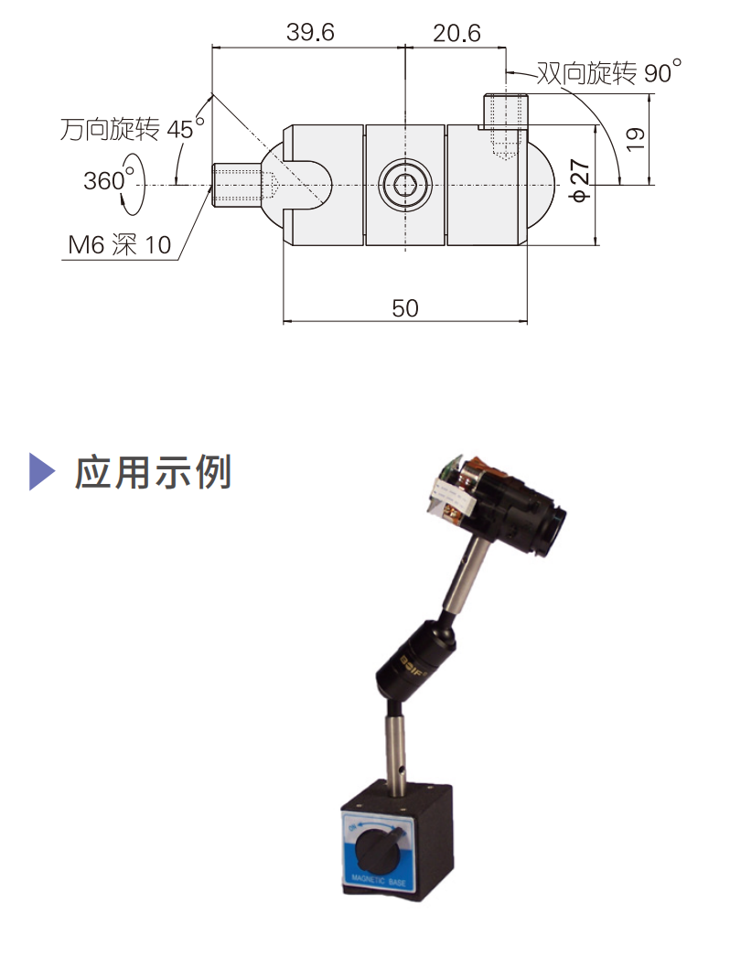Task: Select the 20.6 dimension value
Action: (x=456, y=33)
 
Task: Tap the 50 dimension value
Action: (x=404, y=308)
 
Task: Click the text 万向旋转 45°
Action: (x=127, y=129)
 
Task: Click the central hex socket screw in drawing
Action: (x=405, y=185)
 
